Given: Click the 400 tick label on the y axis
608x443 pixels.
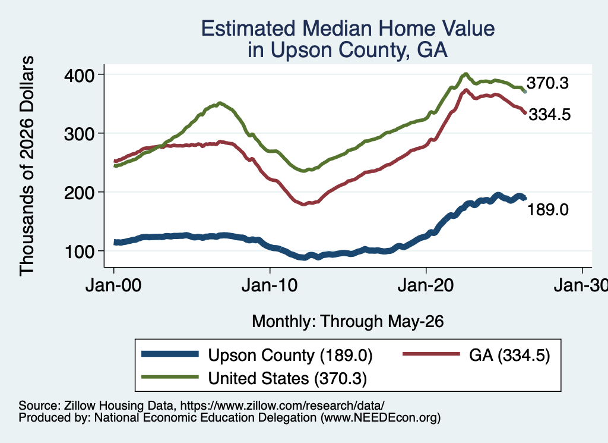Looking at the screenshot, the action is coord(79,76).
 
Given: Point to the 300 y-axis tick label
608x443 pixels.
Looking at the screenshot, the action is coord(79,134).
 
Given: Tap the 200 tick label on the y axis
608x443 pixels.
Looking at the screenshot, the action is coord(79,193).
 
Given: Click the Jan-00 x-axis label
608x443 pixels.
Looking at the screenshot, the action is coord(113,285).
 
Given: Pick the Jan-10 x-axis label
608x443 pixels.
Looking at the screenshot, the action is coord(270,285).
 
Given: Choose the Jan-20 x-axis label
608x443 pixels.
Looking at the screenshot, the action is coord(426,285).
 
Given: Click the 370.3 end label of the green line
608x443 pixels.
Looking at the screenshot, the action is coord(547,83).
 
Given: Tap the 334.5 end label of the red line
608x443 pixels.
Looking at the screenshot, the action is coord(550,115).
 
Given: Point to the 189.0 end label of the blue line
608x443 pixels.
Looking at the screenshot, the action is coord(548,210).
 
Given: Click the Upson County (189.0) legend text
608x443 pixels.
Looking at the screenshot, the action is coord(290,356).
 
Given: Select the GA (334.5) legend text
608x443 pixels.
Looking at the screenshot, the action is coord(509,356).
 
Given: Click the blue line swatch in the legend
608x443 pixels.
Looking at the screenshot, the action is coord(170,354).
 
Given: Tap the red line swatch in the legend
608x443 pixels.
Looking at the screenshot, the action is coord(431,354).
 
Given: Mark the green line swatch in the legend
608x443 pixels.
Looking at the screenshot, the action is coord(170,377).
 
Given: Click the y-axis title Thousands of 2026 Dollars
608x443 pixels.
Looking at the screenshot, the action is coord(27,166).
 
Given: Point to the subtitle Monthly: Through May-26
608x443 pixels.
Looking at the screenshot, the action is coord(348,322).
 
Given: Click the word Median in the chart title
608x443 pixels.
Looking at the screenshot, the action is coord(337,29).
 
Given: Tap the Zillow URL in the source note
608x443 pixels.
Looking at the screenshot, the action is coord(282,406).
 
